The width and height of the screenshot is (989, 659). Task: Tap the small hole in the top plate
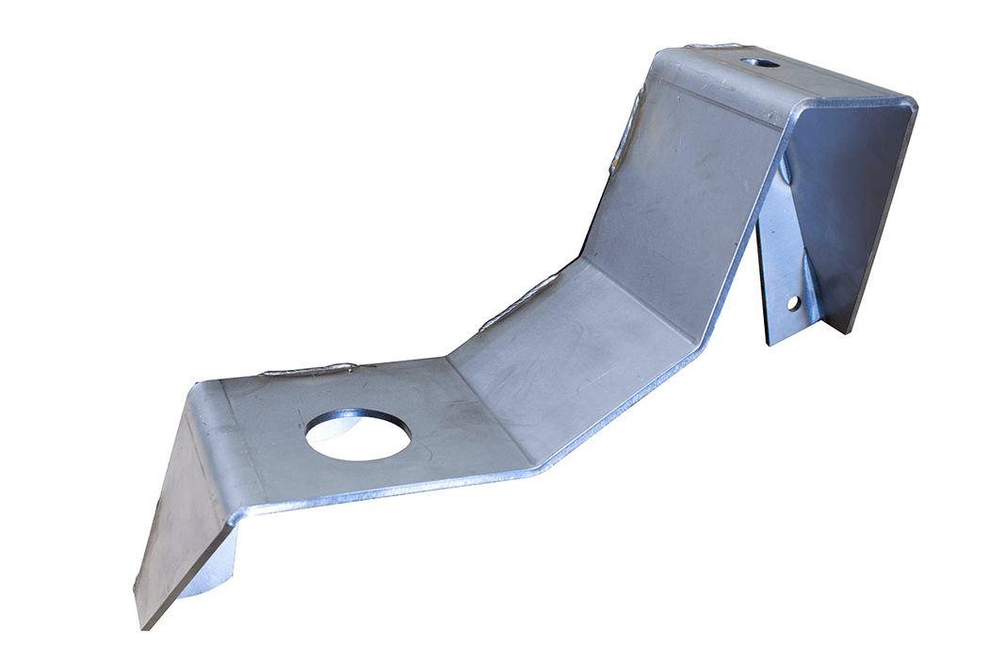(x=759, y=63)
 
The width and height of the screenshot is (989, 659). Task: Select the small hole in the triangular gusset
(x=792, y=302)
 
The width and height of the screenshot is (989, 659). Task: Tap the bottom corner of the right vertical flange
(x=851, y=329)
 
